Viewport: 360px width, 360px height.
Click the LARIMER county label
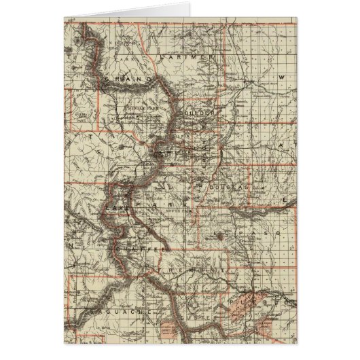click(x=185, y=59)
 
